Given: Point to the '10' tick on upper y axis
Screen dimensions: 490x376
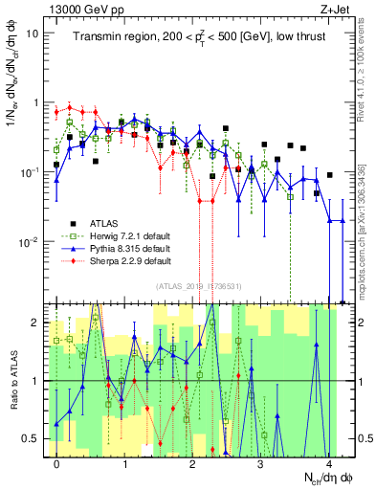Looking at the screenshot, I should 31,33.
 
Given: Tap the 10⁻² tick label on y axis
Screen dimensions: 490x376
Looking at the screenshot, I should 28,241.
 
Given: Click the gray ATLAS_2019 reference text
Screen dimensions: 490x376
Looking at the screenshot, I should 199,286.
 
